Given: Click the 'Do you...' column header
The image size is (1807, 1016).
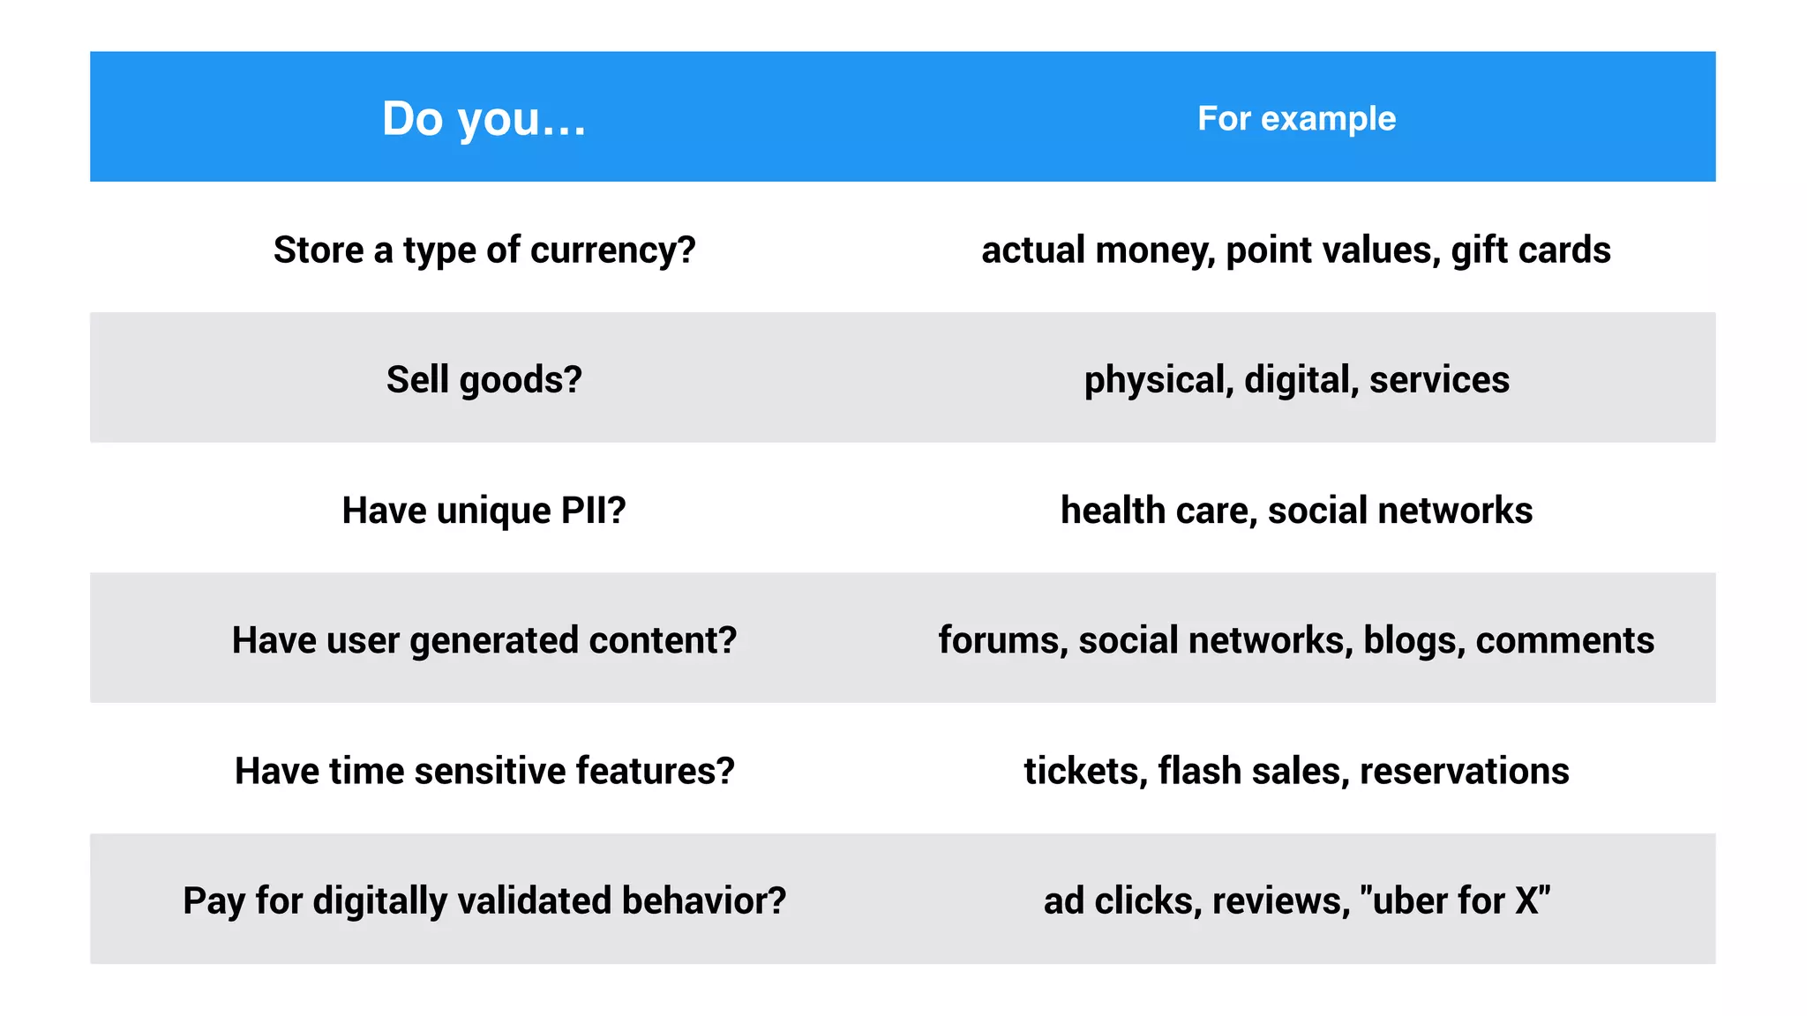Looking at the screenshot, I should (484, 118).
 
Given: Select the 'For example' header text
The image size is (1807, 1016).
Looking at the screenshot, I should (1296, 118).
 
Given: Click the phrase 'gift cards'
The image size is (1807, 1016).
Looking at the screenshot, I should (1531, 250).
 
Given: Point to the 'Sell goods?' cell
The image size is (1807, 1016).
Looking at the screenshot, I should (484, 380).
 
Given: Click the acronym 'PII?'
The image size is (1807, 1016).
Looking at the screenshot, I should (592, 511).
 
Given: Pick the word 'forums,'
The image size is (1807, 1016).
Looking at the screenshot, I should (1003, 640).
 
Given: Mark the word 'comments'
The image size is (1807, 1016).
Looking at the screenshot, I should (1564, 640).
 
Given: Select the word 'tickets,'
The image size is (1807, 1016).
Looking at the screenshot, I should (1085, 771).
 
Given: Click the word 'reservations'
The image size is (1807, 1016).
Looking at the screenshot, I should (1464, 771).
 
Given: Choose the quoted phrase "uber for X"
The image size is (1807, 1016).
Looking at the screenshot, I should (1455, 900).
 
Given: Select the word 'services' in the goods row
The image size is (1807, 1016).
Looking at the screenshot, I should (1439, 380).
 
